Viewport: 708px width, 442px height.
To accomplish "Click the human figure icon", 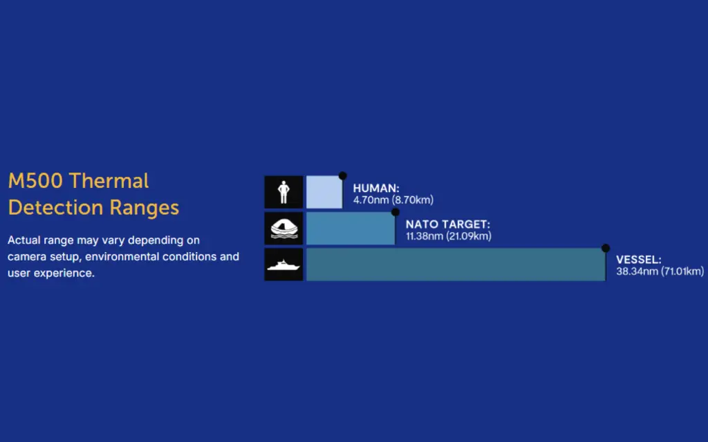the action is pos(283,192).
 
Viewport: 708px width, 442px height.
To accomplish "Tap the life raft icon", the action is pos(284,229).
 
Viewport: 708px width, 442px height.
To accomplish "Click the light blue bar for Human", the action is pos(324,192).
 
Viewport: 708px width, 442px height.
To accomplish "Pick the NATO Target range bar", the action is pos(351,229).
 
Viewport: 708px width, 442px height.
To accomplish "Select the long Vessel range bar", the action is pos(456,265).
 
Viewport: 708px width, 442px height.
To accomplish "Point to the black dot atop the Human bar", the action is pos(343,175).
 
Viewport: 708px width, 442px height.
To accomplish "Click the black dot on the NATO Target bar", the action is pos(395,212).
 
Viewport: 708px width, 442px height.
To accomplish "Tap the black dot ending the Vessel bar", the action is pos(606,248).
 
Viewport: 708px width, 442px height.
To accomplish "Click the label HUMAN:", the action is pos(376,188).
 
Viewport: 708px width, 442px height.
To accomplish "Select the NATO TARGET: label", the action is pos(448,224).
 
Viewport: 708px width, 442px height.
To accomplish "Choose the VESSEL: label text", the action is pos(638,260).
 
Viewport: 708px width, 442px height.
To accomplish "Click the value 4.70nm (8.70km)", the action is pos(393,200).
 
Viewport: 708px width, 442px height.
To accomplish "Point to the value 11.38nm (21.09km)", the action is pos(448,236).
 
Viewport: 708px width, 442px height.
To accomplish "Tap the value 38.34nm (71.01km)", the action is pos(660,271).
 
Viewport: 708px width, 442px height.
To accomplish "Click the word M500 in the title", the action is pos(36,181).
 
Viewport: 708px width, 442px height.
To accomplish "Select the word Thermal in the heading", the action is pos(109,181).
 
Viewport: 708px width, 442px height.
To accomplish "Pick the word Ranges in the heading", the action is pos(144,208).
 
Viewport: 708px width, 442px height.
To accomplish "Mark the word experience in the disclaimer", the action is pos(64,273).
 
